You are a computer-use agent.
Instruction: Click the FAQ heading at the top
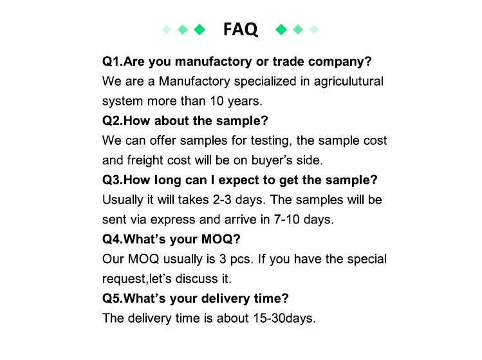pyautogui.click(x=240, y=29)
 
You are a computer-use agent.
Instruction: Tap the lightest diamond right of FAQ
pyautogui.click(x=314, y=29)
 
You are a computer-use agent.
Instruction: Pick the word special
pyautogui.click(x=366, y=259)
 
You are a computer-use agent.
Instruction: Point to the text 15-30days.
pyautogui.click(x=283, y=318)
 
